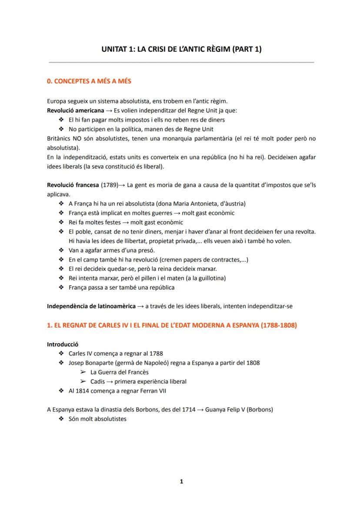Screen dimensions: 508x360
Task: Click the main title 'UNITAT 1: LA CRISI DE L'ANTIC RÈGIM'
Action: click(181, 49)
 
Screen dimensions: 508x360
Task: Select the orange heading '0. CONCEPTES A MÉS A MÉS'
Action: click(89, 81)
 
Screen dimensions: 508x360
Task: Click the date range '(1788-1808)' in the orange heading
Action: click(278, 325)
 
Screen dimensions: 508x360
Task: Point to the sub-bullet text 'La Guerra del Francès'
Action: click(120, 372)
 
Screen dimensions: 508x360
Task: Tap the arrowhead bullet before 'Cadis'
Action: click(83, 382)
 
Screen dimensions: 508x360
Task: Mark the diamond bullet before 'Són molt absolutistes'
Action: click(61, 419)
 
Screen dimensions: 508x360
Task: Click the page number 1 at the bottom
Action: click(181, 481)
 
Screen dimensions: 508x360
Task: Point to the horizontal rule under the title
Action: click(181, 63)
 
